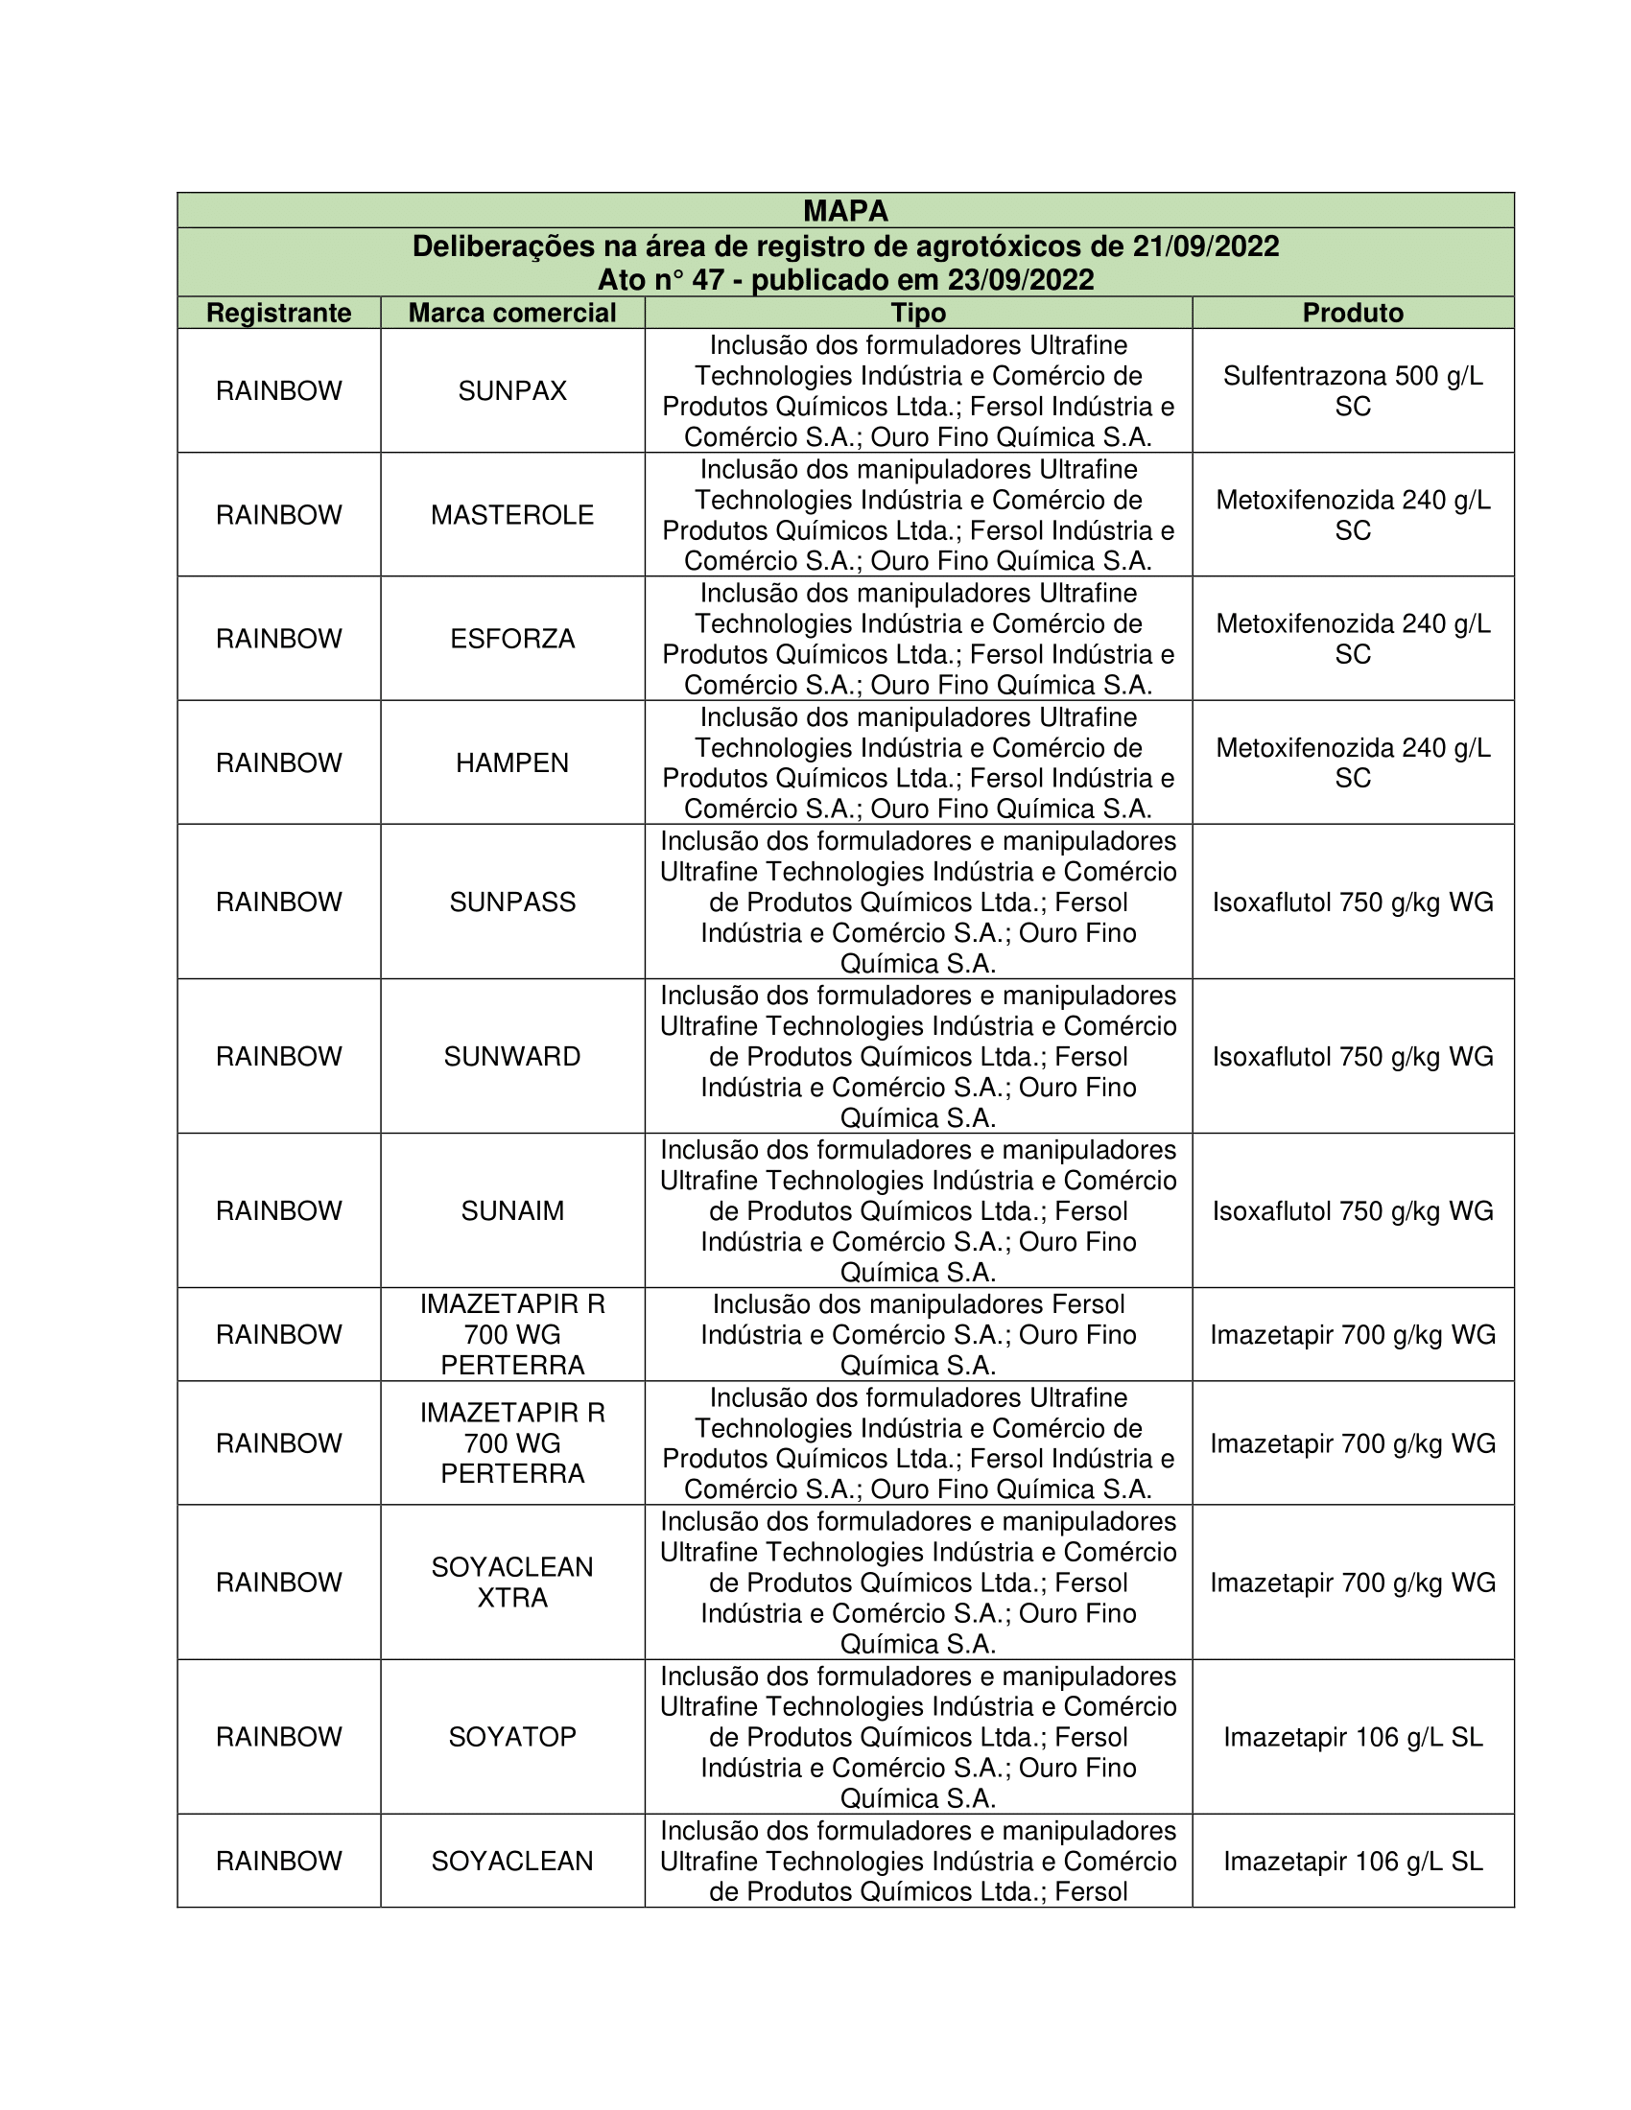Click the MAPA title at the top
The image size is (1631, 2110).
click(845, 211)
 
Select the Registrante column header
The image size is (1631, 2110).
click(278, 313)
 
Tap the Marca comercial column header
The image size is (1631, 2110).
click(512, 313)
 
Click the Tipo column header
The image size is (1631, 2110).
click(918, 313)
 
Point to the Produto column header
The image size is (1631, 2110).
click(1353, 313)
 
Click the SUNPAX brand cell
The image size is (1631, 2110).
click(512, 391)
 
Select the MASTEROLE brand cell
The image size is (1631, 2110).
click(512, 515)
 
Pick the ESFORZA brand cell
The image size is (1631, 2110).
click(512, 639)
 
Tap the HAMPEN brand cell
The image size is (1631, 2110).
click(512, 763)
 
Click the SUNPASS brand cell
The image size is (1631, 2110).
click(512, 903)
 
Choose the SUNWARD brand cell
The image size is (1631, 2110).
click(512, 1057)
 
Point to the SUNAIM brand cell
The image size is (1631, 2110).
click(512, 1210)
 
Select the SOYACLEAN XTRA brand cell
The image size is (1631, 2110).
click(512, 1582)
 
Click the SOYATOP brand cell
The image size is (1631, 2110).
click(512, 1737)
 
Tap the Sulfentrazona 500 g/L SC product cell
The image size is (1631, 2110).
click(1353, 391)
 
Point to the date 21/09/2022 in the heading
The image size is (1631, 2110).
click(1206, 247)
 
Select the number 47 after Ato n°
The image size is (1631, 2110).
click(708, 280)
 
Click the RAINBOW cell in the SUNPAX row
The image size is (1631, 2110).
click(278, 391)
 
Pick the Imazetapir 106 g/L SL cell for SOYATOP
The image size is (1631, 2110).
click(1353, 1737)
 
